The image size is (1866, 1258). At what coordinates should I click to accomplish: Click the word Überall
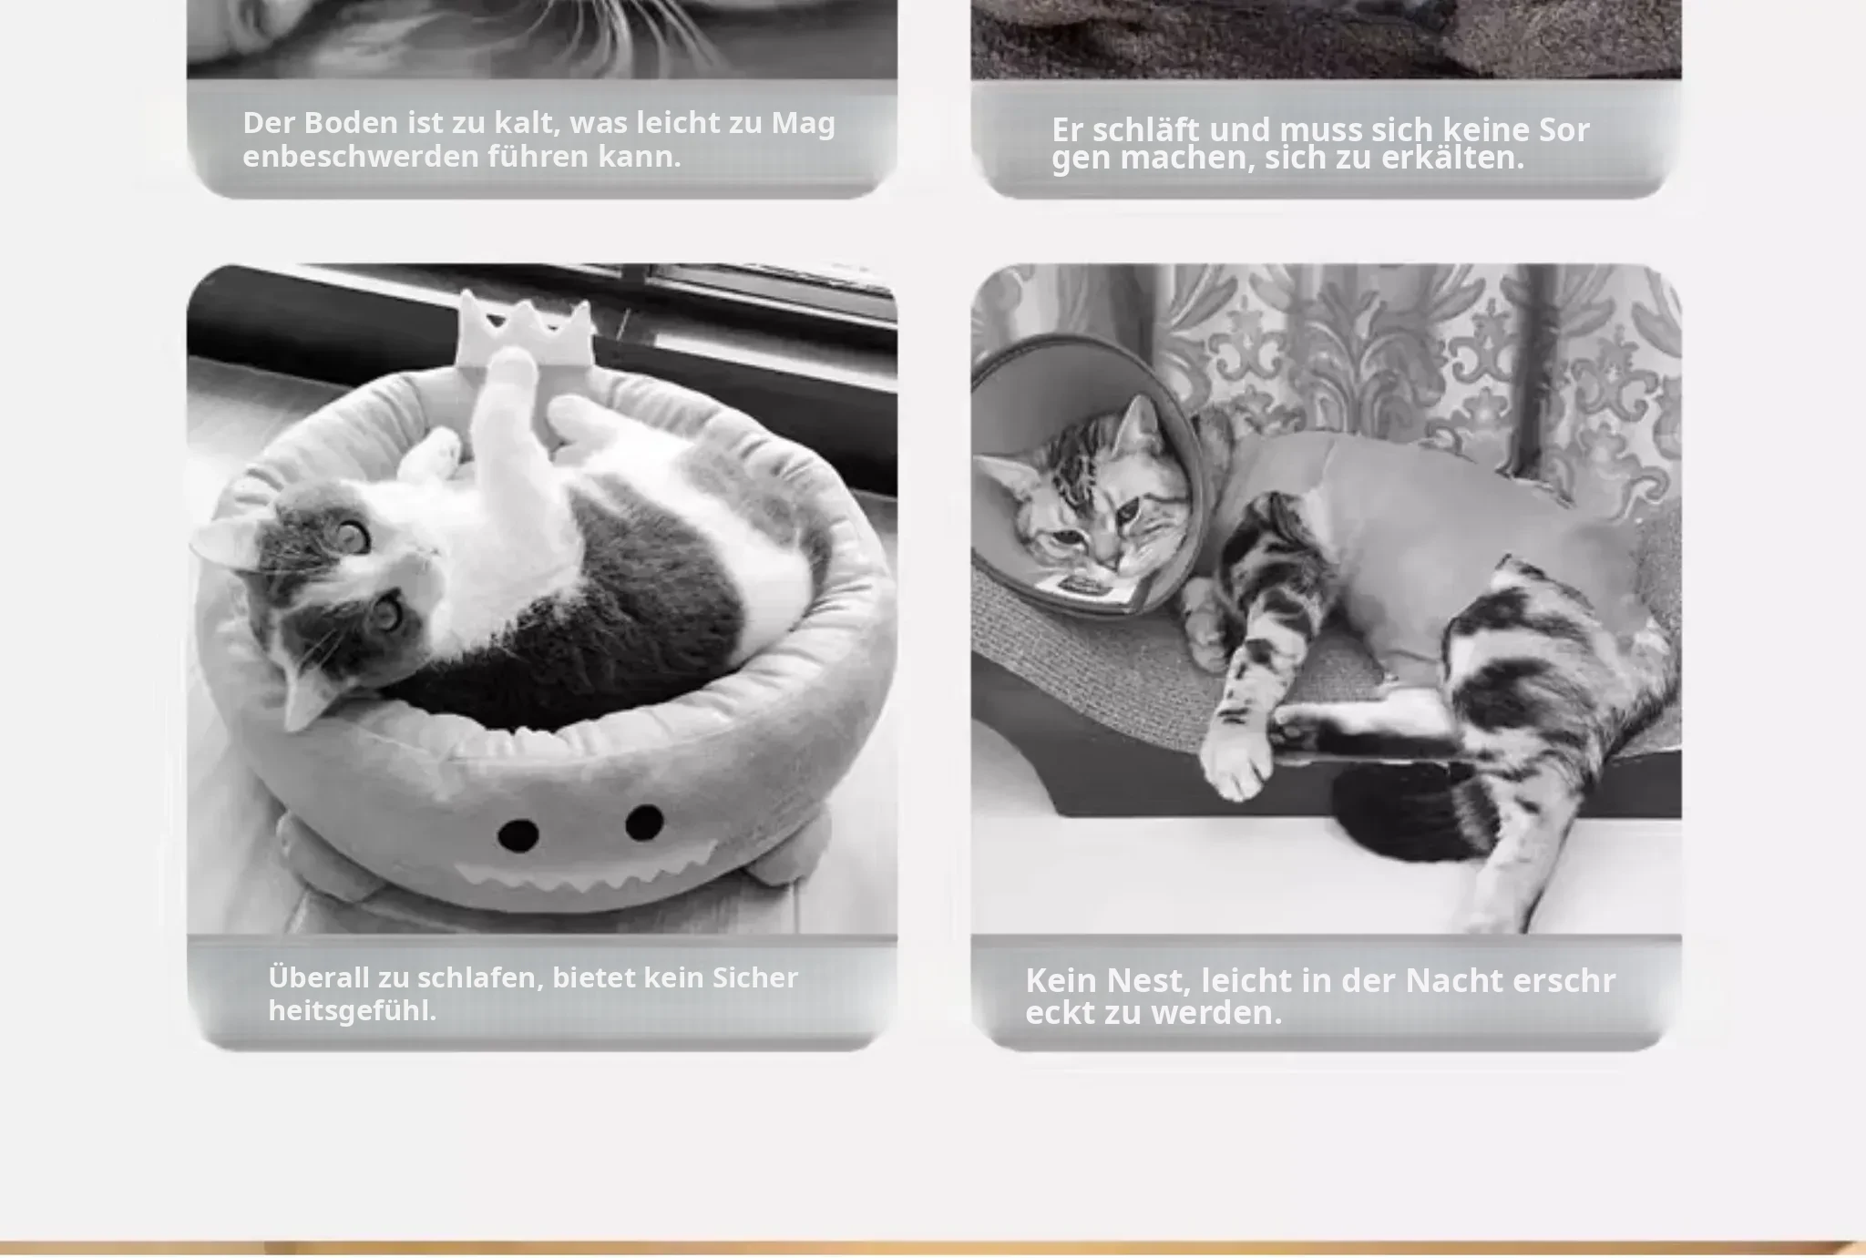coord(319,977)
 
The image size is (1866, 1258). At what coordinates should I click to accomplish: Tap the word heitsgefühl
coord(353,1010)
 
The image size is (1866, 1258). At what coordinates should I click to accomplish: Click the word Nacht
coord(1454,980)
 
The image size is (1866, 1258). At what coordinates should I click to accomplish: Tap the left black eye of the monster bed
coord(518,834)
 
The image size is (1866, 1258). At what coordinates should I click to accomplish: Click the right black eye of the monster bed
coord(644,823)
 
